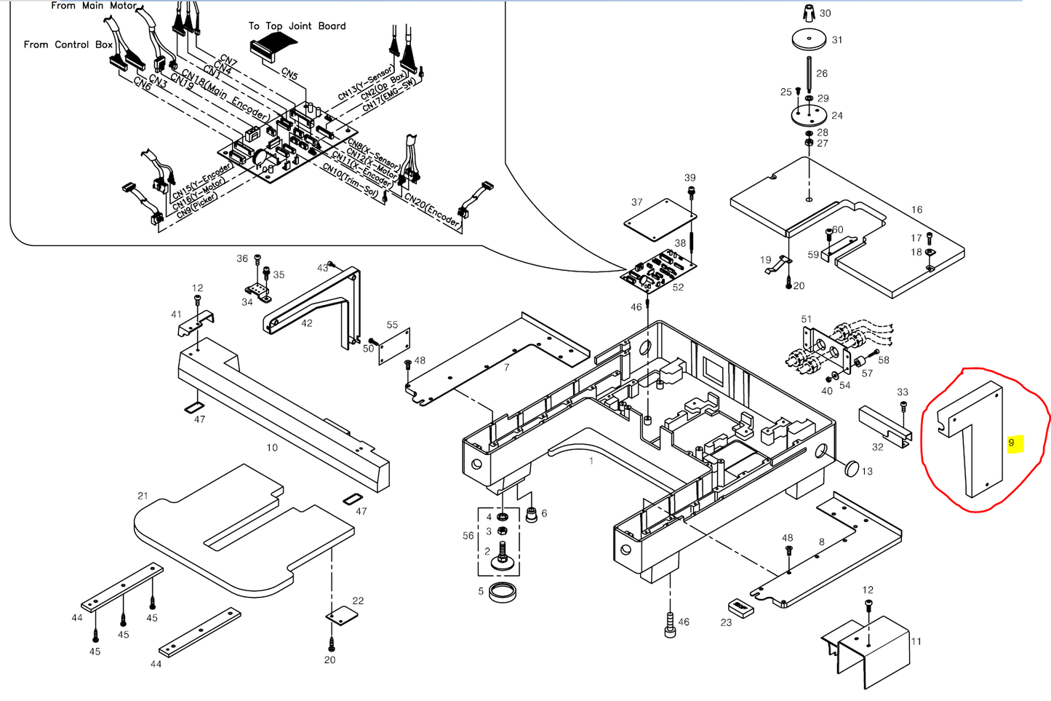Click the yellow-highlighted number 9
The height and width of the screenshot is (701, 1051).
1011,443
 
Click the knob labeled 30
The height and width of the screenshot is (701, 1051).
809,13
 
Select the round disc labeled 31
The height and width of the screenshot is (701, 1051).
809,40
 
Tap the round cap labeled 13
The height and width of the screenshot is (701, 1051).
851,467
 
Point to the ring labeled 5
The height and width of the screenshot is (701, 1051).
503,591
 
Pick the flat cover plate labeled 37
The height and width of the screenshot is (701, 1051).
659,217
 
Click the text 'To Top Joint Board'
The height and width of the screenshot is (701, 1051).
297,26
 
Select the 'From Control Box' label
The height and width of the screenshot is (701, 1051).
68,44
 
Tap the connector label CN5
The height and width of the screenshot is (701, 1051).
289,74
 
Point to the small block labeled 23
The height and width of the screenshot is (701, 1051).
740,607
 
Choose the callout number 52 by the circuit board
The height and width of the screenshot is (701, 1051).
678,288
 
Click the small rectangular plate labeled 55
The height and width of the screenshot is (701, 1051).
396,346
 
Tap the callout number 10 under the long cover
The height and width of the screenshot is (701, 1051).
272,448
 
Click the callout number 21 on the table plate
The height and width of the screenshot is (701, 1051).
143,496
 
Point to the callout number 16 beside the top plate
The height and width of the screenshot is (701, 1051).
916,210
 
